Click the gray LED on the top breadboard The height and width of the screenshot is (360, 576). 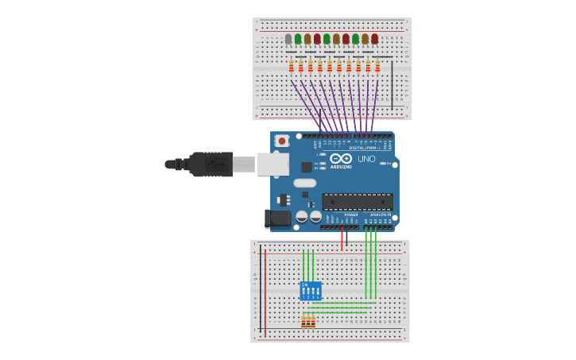click(x=288, y=39)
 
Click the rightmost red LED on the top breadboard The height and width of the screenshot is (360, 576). click(x=374, y=39)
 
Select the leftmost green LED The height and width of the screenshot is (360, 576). click(x=298, y=39)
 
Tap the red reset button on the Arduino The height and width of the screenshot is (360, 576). click(x=281, y=141)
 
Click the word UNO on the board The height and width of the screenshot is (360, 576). click(x=366, y=159)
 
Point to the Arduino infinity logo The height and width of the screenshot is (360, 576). click(x=341, y=158)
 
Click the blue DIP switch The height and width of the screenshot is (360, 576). click(x=310, y=291)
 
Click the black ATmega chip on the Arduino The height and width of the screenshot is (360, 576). click(x=357, y=202)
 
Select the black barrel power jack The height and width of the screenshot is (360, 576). click(x=277, y=218)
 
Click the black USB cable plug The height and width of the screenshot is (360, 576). click(x=211, y=165)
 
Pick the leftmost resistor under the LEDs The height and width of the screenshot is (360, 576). click(x=292, y=67)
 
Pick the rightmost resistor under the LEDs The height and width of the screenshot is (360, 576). click(x=377, y=67)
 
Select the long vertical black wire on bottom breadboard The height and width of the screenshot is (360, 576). click(x=260, y=290)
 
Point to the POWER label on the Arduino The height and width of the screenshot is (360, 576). click(x=350, y=215)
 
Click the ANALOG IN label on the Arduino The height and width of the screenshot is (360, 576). click(x=381, y=215)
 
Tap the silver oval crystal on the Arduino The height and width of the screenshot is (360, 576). click(x=304, y=183)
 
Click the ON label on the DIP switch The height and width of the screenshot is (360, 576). click(x=304, y=285)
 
